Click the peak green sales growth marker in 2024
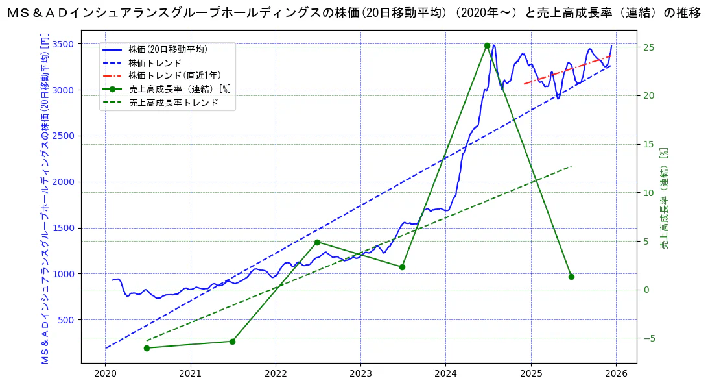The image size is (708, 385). (487, 45)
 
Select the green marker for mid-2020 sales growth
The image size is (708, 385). (147, 348)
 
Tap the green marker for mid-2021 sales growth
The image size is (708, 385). (232, 342)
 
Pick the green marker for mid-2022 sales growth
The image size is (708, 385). (317, 242)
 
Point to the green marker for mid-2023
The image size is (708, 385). (402, 267)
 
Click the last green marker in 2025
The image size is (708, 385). (571, 277)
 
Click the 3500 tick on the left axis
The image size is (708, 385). (67, 44)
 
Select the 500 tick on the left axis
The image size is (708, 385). (69, 320)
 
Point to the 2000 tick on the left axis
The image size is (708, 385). (67, 182)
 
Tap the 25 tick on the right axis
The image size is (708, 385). (646, 47)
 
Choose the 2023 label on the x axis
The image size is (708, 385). (360, 374)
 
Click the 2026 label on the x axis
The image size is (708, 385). (616, 374)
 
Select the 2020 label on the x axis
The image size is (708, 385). (105, 374)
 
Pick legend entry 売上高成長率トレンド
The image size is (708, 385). (173, 103)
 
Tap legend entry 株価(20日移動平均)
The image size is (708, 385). (167, 49)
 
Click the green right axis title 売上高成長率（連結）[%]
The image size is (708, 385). (664, 197)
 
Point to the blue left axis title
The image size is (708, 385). (45, 197)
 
